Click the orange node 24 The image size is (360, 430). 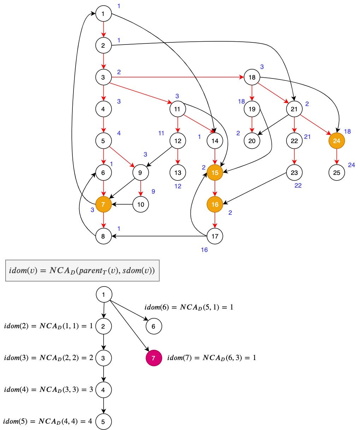(336, 141)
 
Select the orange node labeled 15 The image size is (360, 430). (215, 172)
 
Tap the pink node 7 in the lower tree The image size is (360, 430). (153, 358)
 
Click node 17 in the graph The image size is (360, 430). (215, 236)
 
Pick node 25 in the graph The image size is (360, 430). (336, 172)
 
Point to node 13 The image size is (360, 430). (178, 172)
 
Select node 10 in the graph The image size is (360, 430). (141, 204)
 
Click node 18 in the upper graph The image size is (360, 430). (252, 77)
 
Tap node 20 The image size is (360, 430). (252, 141)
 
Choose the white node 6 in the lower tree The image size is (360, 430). (153, 326)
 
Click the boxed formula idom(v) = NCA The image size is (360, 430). (82, 271)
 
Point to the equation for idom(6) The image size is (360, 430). (189, 307)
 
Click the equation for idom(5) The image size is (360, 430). (48, 421)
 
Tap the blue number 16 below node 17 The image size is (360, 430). (204, 250)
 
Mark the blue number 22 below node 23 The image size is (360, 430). (298, 185)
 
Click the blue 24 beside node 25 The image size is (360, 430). (351, 165)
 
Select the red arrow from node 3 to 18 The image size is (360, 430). (177, 77)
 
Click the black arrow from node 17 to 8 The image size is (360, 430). (159, 236)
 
